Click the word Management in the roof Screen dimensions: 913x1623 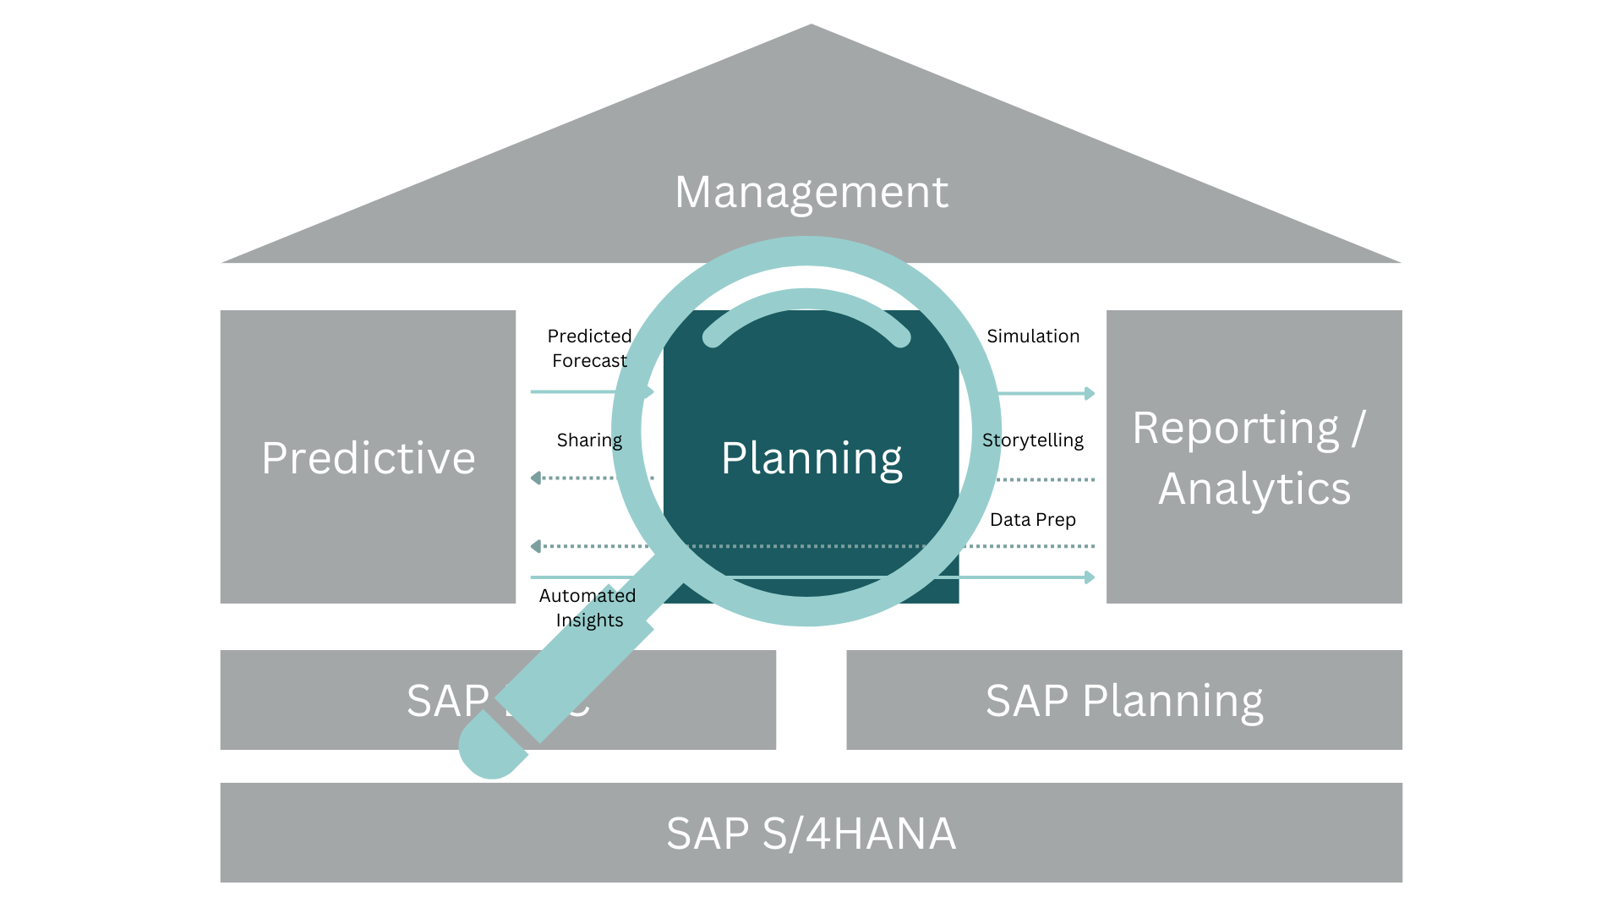[811, 193]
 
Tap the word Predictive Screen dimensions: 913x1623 [369, 458]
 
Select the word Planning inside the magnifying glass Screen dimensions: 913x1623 [811, 458]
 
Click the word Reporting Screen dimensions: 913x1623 [1236, 429]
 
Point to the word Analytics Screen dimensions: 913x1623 [1254, 489]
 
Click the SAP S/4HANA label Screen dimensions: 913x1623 [811, 834]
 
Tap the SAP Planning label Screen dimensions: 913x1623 [1124, 701]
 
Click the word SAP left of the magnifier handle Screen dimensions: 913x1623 [446, 701]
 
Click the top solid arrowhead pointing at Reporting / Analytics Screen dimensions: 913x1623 [1090, 393]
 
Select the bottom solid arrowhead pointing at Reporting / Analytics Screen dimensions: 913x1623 [1090, 577]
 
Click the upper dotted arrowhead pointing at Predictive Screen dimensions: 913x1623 [535, 478]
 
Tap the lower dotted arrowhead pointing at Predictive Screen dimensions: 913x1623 [535, 546]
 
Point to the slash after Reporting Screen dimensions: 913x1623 [1358, 429]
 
